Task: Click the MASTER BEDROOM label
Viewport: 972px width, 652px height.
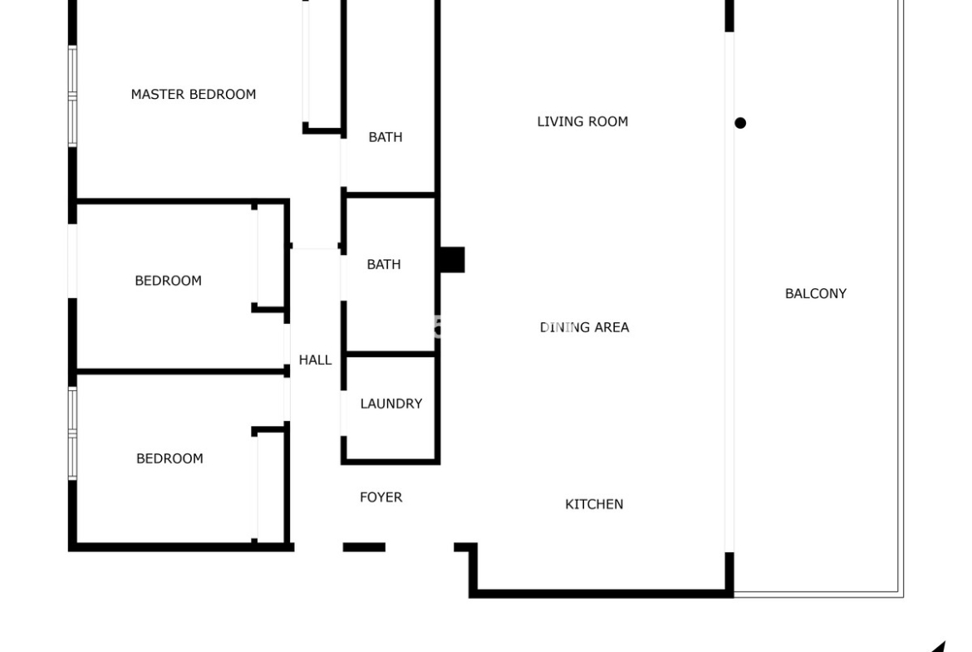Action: tap(194, 94)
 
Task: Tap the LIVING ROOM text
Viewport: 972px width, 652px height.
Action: tap(582, 121)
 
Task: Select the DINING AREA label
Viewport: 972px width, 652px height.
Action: tap(585, 327)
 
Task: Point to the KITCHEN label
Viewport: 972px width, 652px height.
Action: tap(594, 504)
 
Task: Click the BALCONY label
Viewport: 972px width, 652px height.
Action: tap(816, 294)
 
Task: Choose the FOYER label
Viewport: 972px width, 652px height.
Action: tap(380, 497)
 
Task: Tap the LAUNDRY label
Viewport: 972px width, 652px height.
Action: tap(391, 404)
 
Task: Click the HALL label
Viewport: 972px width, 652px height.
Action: tap(315, 360)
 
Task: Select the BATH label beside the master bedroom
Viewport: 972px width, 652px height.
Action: tap(385, 137)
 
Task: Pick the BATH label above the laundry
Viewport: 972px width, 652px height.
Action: tap(384, 265)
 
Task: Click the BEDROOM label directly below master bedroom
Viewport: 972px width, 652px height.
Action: tap(168, 281)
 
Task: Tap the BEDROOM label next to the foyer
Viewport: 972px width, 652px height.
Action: tap(169, 458)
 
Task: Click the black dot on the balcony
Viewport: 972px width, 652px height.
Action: tap(740, 123)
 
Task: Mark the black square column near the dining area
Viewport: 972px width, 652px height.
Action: tap(452, 260)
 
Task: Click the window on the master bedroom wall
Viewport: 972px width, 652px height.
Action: tap(72, 96)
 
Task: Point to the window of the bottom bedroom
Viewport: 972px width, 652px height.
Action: tap(72, 434)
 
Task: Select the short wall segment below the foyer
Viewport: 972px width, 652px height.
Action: tap(364, 547)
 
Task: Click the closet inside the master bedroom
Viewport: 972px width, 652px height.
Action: tap(323, 65)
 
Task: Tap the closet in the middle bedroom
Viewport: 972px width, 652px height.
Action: tap(270, 256)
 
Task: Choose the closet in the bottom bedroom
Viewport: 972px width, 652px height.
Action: tap(270, 485)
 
